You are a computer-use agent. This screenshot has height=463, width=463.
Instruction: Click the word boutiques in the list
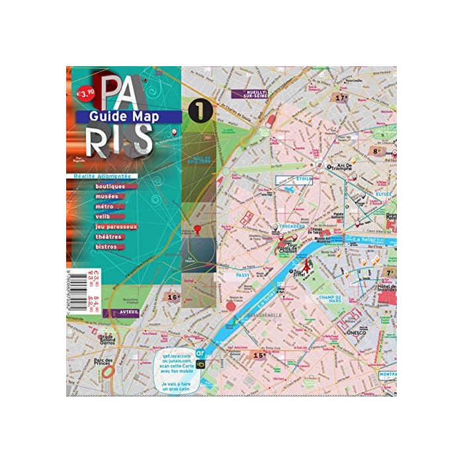(x=109, y=187)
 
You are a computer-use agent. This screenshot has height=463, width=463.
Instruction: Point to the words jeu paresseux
(x=116, y=226)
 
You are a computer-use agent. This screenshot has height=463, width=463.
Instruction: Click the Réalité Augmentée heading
(x=101, y=177)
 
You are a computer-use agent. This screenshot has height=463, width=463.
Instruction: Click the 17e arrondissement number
(x=341, y=98)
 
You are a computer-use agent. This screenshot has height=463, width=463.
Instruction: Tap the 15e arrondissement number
(x=259, y=355)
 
